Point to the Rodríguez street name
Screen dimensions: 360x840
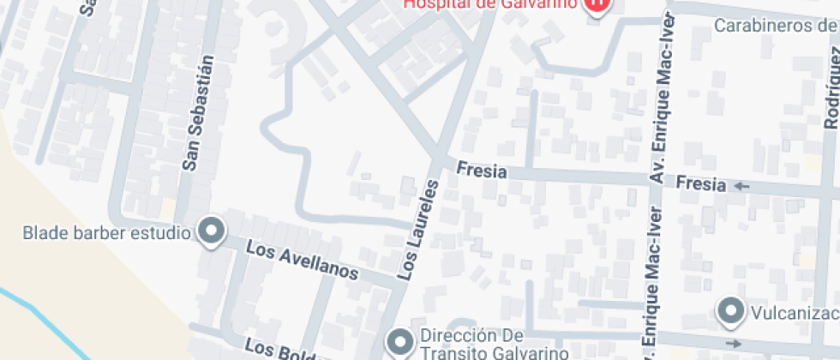pos(829,86)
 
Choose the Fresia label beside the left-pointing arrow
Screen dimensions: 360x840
pos(701,183)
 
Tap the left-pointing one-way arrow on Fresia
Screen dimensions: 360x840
pos(741,185)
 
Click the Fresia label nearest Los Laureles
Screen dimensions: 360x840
pos(481,171)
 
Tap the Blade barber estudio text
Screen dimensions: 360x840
pos(106,232)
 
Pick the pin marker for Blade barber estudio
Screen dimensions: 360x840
pos(211,231)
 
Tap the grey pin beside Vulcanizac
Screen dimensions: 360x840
pos(731,310)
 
